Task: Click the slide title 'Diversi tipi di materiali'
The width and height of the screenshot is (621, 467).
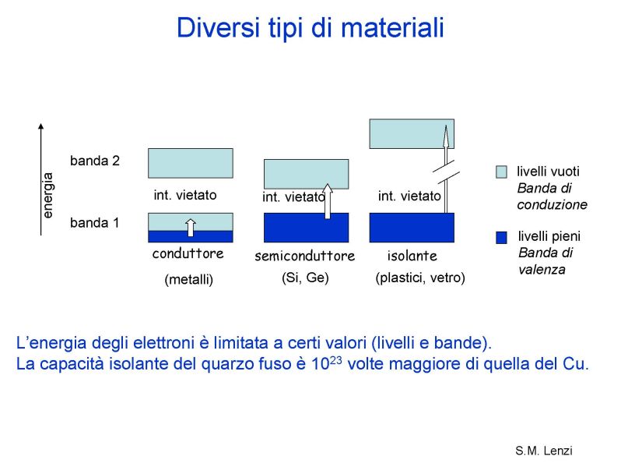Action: coord(310,27)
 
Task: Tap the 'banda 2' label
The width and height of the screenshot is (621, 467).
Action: coord(95,161)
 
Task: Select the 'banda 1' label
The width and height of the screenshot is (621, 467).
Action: coord(94,223)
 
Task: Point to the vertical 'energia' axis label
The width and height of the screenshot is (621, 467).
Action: coord(47,195)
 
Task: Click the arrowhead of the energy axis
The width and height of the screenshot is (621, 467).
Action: coord(40,126)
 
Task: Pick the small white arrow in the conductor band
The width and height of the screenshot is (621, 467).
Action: coord(191,228)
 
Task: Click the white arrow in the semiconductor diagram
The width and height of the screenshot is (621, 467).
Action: coord(328,201)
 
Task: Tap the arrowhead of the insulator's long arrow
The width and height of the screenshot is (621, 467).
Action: coord(446,136)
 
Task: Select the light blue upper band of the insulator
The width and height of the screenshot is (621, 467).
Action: coord(412,134)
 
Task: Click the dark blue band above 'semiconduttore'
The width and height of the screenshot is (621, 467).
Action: coord(306,228)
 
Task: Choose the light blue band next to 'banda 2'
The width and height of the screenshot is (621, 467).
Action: coord(191,163)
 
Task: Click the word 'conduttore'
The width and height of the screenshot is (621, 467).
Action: coord(188,253)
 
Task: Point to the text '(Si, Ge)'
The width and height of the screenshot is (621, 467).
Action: coord(305,278)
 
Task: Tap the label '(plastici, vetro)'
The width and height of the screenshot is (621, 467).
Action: coord(420,278)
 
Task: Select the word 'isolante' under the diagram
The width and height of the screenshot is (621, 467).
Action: coord(412,256)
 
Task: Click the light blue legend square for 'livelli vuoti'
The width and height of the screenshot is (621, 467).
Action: coord(501,172)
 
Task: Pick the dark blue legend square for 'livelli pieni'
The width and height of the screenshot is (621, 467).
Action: coord(501,237)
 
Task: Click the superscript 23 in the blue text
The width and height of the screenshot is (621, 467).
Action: coord(336,360)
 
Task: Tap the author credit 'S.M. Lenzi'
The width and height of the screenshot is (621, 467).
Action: coord(544,451)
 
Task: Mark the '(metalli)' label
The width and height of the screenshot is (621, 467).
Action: coord(189,280)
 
